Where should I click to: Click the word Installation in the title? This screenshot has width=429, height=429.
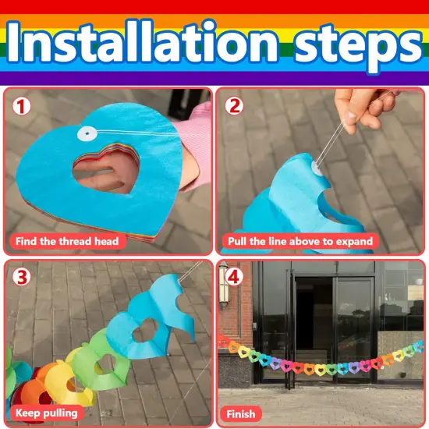click(x=142, y=41)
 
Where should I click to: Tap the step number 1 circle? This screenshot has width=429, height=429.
click(x=21, y=106)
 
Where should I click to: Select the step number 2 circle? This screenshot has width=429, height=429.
click(x=234, y=106)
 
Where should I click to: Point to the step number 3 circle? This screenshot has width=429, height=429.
click(x=21, y=278)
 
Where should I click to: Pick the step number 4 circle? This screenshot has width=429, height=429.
click(x=234, y=277)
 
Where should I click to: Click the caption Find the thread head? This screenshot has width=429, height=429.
click(x=67, y=241)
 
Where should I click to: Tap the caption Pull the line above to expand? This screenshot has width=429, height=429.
click(x=300, y=241)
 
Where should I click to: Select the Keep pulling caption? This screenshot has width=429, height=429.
click(x=47, y=413)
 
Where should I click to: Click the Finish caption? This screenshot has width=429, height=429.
click(x=241, y=414)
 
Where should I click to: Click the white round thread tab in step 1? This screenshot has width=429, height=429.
click(x=87, y=133)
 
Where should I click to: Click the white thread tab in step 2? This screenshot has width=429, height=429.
click(x=317, y=168)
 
